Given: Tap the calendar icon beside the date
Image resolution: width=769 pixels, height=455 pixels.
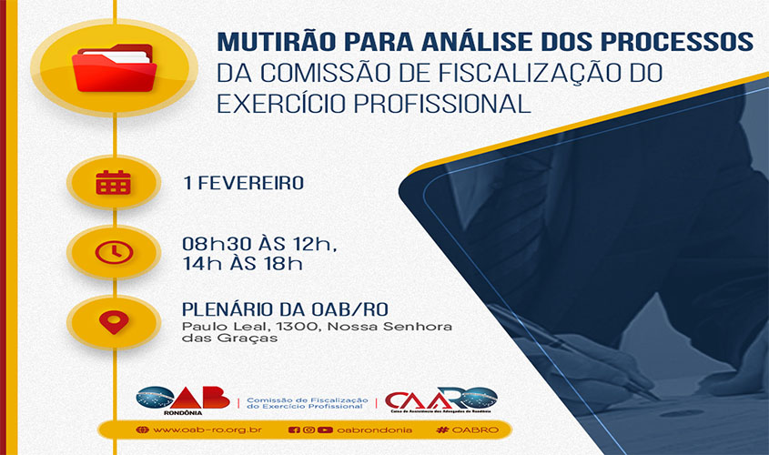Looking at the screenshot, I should (x=114, y=183).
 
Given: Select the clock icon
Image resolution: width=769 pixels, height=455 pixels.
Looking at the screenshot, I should (x=114, y=252).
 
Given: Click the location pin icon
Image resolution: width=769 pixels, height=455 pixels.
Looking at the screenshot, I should (x=114, y=321).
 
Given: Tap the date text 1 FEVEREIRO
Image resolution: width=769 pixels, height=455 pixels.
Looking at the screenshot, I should (x=243, y=183).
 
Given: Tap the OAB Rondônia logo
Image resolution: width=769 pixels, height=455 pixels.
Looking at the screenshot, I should (x=183, y=399).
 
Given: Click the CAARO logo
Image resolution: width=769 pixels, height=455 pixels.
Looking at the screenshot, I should (x=440, y=399).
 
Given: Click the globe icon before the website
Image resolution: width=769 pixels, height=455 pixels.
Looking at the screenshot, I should (x=141, y=430).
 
